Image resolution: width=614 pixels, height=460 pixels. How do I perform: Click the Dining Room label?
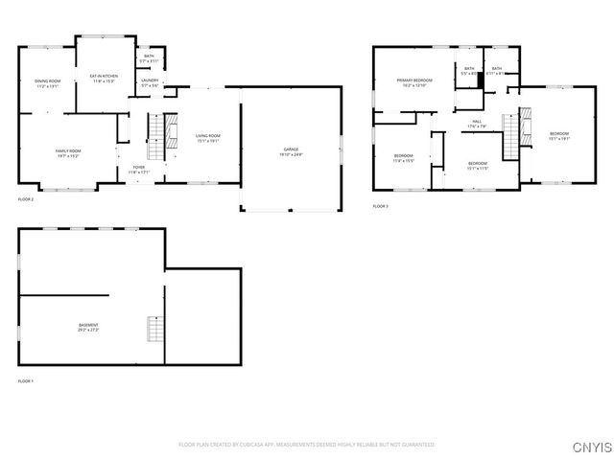[x=48, y=81]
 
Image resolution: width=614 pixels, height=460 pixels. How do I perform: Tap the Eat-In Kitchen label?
[x=104, y=77]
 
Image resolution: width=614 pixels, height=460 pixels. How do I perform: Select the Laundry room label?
[x=150, y=81]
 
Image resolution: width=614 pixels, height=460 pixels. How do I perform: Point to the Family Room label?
[x=67, y=151]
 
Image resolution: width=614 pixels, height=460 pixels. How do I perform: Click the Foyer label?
[x=138, y=167]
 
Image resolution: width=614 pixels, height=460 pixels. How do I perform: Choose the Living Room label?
[x=208, y=137]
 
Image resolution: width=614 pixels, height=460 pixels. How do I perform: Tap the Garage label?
[x=291, y=151]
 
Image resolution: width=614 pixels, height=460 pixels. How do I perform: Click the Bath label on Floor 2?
[x=149, y=57]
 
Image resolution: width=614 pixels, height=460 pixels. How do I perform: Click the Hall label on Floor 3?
[x=477, y=123]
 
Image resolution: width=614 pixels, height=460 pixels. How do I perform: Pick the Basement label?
[x=88, y=327]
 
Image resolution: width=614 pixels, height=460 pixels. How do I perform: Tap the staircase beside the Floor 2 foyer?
[x=152, y=138]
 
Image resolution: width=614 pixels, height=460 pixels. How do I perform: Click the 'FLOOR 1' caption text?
[x=26, y=381]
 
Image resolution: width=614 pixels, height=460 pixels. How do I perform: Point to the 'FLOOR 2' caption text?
[x=26, y=199]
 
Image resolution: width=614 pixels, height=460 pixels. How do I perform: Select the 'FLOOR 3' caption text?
[x=381, y=206]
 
